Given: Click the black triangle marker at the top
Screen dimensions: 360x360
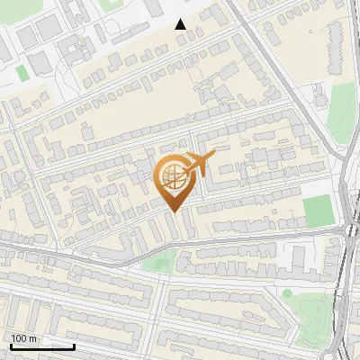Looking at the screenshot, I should tap(181, 24).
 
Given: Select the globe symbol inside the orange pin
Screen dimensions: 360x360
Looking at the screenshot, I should tap(170, 177).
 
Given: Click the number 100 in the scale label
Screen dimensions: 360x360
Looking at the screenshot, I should tap(20, 338).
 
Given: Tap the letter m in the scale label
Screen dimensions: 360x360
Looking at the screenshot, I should tap(33, 338).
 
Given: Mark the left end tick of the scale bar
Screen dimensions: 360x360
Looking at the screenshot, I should tap(11, 346).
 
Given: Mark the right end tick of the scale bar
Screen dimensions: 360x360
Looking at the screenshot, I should tap(74, 346).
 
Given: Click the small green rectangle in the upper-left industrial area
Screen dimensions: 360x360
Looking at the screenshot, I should tap(22, 73).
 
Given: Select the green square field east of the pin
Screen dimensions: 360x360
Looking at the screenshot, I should tap(318, 211).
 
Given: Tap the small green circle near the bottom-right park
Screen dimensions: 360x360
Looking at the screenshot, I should tap(287, 292).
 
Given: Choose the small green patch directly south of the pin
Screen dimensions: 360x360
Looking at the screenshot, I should tap(160, 263).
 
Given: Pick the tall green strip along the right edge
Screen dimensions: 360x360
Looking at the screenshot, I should tap(339, 112).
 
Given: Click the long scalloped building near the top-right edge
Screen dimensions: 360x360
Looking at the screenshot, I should tap(334, 49).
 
